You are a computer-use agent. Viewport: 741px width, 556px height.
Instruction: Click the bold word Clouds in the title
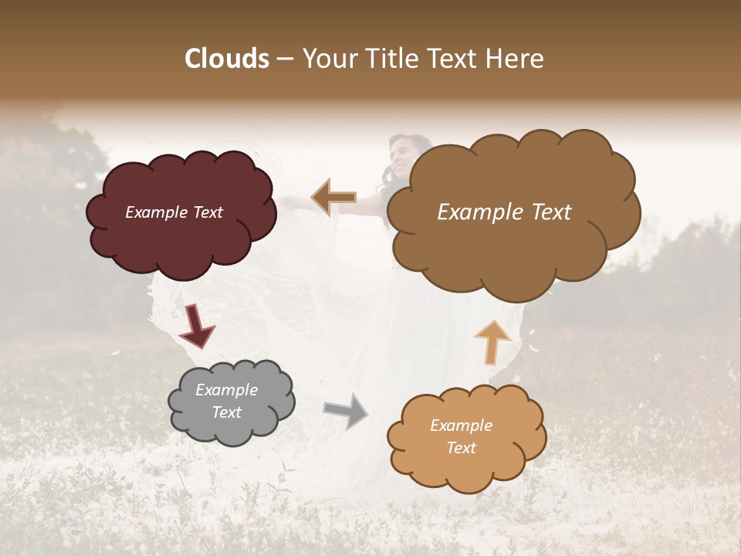[227, 59]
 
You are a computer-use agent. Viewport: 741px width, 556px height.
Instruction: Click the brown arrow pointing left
[333, 198]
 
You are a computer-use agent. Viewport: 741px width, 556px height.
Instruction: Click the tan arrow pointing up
[492, 341]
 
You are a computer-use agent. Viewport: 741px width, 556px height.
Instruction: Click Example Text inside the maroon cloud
[174, 212]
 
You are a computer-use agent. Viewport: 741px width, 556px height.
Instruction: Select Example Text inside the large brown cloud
[504, 212]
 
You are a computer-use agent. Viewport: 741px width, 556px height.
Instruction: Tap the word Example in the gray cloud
[226, 390]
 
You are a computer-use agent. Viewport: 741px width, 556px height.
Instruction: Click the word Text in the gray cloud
[226, 412]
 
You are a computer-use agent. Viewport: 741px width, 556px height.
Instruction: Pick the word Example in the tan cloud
[461, 425]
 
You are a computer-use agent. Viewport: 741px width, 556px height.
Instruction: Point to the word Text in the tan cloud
[461, 448]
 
